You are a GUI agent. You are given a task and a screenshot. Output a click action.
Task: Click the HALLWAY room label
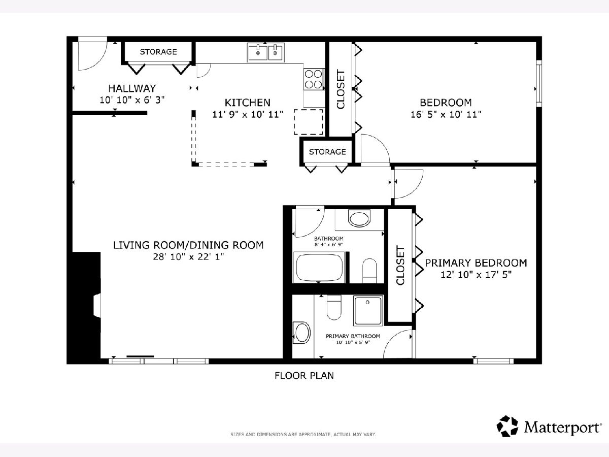pos(132,88)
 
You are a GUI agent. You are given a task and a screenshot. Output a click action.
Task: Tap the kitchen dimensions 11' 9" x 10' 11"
pos(248,114)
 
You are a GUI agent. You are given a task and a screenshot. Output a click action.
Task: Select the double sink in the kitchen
pos(266,52)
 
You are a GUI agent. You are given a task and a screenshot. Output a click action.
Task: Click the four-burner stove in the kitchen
pos(314,79)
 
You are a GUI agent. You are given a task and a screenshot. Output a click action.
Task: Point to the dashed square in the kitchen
pos(309,122)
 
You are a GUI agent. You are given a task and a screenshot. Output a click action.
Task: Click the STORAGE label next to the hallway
pos(158,52)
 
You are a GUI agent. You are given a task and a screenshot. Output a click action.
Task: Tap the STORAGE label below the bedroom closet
pos(327,152)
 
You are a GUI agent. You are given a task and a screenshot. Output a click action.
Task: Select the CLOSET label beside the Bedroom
pos(341,89)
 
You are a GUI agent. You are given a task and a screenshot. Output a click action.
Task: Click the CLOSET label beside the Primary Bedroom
pos(400,266)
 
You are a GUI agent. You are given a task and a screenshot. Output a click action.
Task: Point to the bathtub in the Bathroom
pos(319,268)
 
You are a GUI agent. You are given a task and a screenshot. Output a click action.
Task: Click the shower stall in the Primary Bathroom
pos(368,310)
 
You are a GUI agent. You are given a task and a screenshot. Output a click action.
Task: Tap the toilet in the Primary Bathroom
pos(334,307)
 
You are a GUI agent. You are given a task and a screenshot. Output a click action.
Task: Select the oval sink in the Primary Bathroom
pos(302,333)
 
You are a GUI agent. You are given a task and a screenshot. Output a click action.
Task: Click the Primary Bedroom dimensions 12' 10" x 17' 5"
pos(476,274)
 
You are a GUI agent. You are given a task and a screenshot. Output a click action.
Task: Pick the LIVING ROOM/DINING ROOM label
pos(188,245)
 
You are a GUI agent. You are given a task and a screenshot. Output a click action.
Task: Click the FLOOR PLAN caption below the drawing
pos(304,376)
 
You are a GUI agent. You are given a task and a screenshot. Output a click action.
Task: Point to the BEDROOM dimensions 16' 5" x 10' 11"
pos(446,114)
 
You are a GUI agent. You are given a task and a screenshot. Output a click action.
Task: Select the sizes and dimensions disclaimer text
pos(303,434)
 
